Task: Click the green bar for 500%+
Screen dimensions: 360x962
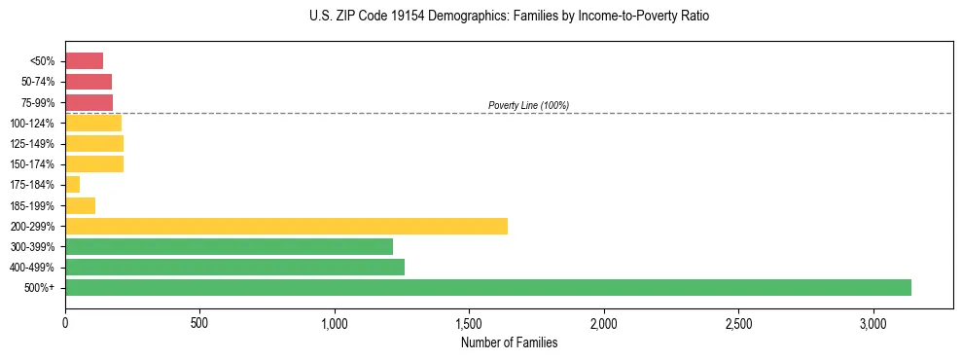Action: point(487,287)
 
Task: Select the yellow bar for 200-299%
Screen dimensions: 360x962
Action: point(286,226)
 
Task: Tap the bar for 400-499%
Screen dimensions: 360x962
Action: point(234,267)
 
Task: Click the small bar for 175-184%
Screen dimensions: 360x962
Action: point(72,184)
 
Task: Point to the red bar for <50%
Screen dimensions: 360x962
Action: point(84,60)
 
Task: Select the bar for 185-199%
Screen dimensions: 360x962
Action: point(80,205)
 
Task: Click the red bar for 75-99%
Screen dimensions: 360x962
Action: point(89,102)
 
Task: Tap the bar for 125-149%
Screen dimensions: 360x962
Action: point(94,143)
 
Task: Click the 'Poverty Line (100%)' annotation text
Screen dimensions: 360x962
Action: point(528,105)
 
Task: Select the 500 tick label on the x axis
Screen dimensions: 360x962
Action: point(199,322)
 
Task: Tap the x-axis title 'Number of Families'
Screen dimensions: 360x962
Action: point(509,342)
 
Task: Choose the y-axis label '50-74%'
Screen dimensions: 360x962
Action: point(39,82)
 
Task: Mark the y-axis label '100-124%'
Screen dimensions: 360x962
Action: point(36,123)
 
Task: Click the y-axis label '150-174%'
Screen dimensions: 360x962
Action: point(36,164)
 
